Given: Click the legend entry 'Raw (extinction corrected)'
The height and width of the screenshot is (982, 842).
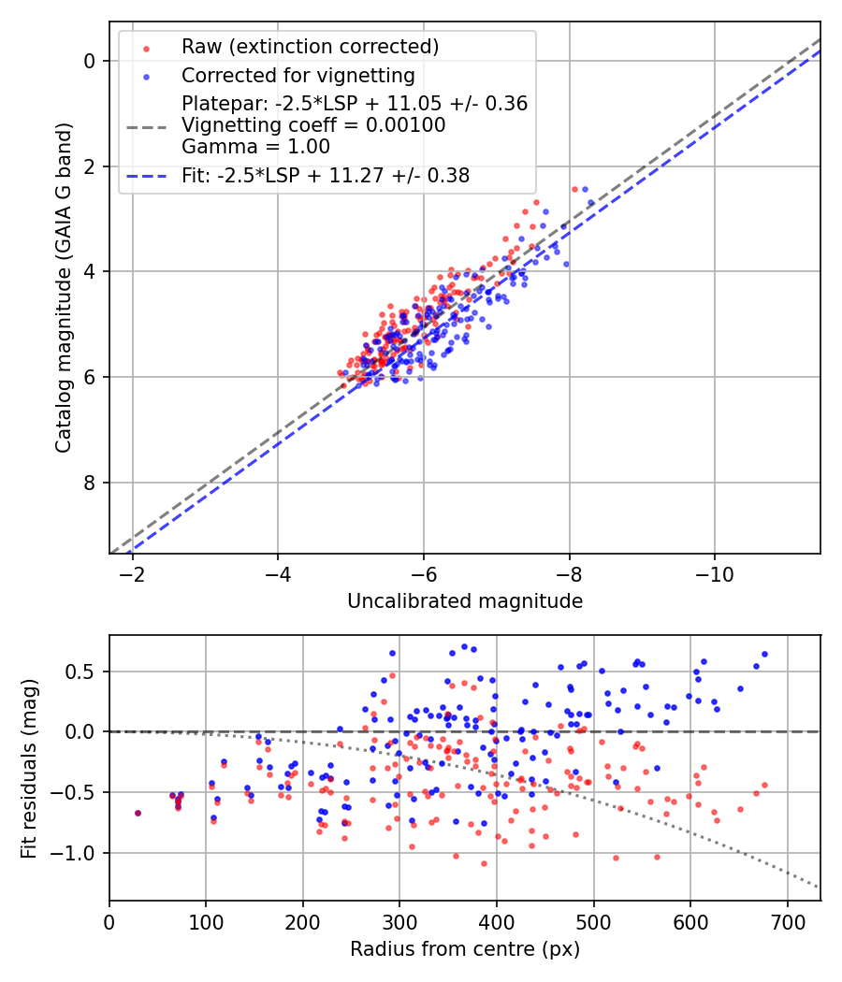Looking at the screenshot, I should (x=310, y=47).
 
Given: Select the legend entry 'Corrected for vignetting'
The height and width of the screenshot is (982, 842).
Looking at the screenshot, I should (x=298, y=75).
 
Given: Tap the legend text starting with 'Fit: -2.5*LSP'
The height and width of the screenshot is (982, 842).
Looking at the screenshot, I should (x=326, y=175).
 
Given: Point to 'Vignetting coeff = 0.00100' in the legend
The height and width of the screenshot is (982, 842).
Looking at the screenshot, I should (x=313, y=125).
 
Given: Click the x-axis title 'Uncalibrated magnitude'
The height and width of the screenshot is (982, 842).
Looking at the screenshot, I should (x=465, y=601).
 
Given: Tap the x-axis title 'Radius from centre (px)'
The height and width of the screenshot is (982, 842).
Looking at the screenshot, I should (x=465, y=949).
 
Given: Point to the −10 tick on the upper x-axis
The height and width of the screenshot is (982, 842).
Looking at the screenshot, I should (x=714, y=571).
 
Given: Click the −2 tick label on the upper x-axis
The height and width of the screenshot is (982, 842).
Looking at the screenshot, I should (x=132, y=571).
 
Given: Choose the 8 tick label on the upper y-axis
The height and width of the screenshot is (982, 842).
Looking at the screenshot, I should (x=91, y=483).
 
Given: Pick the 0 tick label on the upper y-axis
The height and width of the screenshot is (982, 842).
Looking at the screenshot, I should (x=91, y=61).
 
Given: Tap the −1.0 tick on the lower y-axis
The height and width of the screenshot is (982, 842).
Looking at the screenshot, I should (x=79, y=853).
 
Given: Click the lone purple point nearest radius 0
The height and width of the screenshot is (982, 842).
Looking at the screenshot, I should (x=138, y=813).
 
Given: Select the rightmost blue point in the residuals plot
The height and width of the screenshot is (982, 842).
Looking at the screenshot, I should (x=764, y=655).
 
